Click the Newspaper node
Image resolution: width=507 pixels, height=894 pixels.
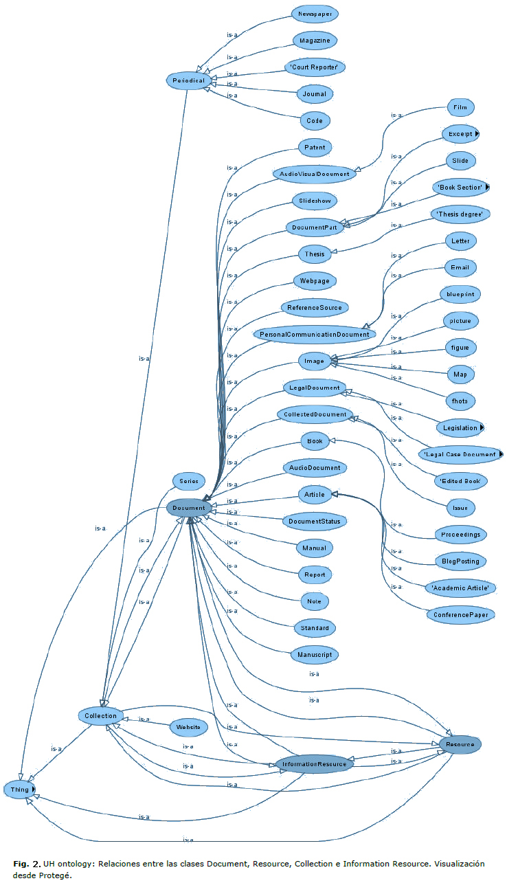(x=315, y=14)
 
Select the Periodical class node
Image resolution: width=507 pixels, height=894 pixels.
(x=187, y=80)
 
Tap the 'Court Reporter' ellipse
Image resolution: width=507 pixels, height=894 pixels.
(x=315, y=67)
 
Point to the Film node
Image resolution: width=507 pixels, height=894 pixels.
(x=460, y=108)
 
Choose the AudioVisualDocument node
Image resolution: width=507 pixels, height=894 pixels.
(x=315, y=174)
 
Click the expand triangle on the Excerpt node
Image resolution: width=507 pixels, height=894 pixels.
(x=477, y=134)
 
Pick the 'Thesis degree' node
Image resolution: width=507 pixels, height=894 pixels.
(x=460, y=214)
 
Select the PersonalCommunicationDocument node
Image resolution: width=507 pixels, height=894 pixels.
(x=315, y=335)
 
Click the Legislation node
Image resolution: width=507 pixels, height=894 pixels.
(x=460, y=427)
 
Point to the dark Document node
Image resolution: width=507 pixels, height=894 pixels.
(x=189, y=508)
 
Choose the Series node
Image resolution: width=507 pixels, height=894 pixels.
(x=185, y=481)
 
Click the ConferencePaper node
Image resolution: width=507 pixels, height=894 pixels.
(x=460, y=614)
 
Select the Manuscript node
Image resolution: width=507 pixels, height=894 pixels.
(x=315, y=655)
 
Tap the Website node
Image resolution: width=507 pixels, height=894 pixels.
(x=188, y=727)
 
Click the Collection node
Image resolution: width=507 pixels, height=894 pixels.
(x=101, y=715)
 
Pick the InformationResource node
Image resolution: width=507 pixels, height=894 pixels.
(x=314, y=764)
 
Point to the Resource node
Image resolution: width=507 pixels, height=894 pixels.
(x=460, y=744)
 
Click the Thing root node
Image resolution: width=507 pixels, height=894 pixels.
(x=19, y=790)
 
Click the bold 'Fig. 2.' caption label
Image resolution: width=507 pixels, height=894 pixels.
(x=26, y=863)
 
